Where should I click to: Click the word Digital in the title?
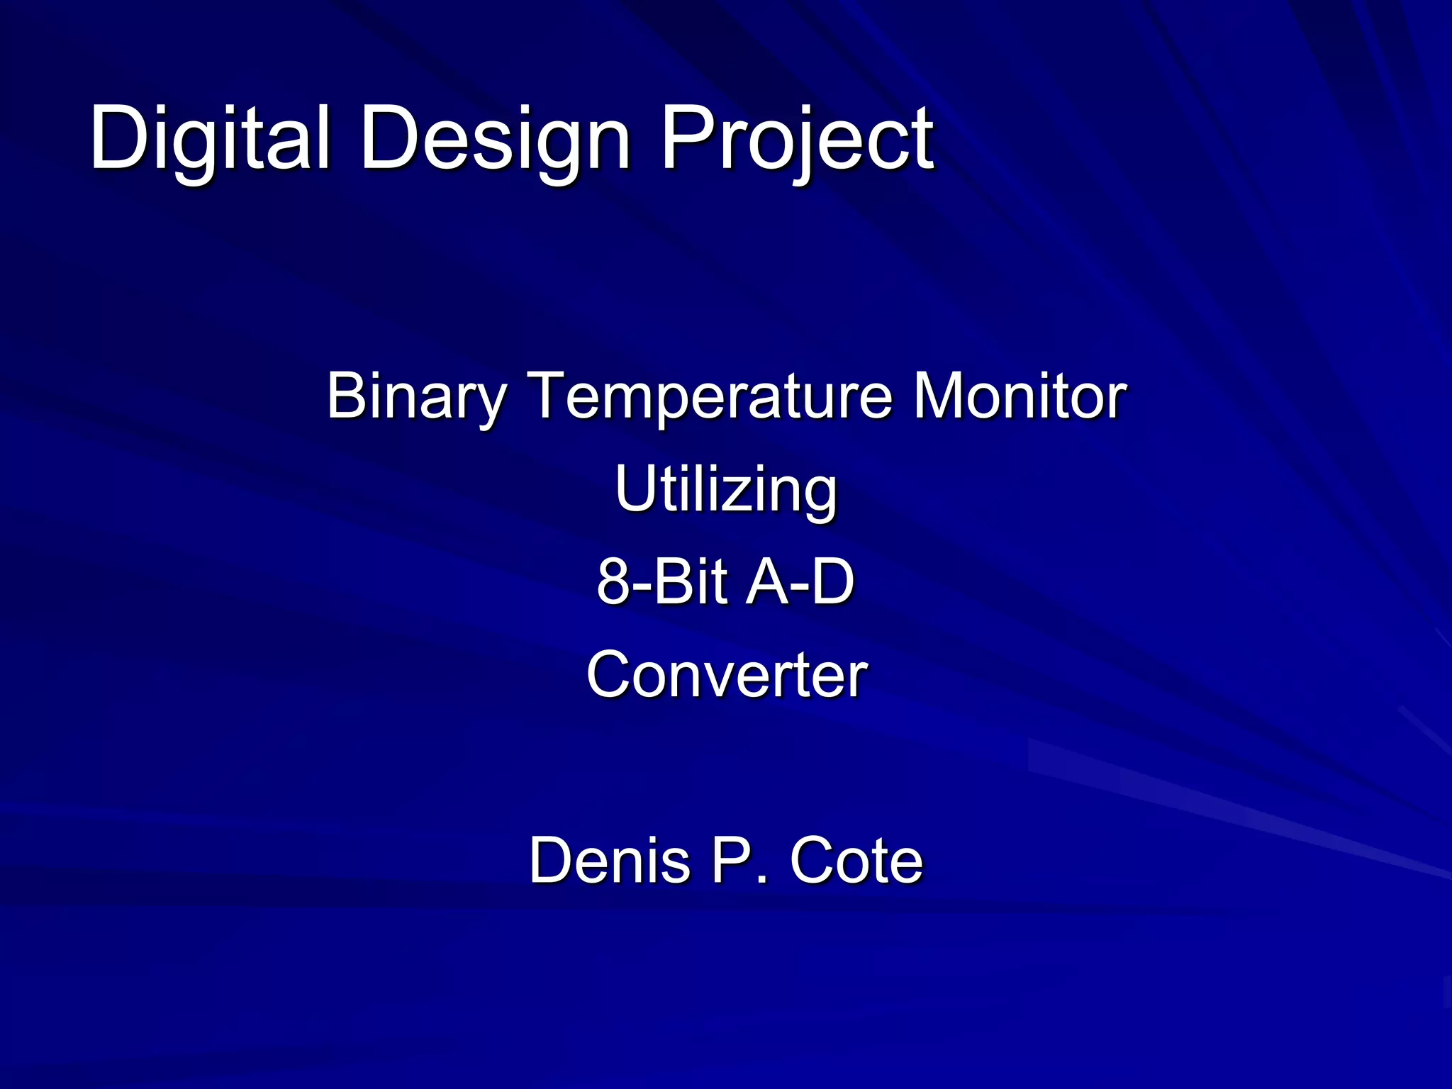(210, 138)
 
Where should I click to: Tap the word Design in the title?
(495, 138)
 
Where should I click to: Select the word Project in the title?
(797, 138)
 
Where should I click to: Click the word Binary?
(415, 397)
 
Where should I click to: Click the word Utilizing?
(726, 490)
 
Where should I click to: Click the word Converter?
(727, 676)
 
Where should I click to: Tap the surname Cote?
(856, 861)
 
